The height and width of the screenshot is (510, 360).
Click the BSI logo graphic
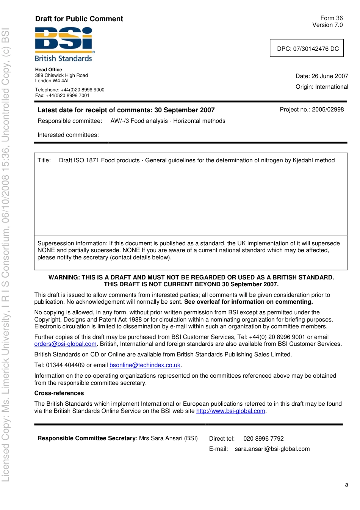(64, 39)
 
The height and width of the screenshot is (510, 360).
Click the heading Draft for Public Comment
(79, 19)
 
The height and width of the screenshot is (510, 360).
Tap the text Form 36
(331, 18)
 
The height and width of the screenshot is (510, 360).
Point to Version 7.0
(327, 25)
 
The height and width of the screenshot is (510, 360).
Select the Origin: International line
(322, 87)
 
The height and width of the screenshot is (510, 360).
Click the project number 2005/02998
(328, 110)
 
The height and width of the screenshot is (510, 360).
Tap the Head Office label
(49, 70)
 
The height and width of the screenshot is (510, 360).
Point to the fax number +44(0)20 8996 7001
(67, 96)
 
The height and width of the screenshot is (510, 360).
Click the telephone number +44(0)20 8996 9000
(82, 90)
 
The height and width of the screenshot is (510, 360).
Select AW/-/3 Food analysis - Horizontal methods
(168, 121)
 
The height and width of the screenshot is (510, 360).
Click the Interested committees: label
(68, 135)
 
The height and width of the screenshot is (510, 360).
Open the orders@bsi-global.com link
(65, 344)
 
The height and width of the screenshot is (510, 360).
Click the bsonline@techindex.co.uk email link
(145, 365)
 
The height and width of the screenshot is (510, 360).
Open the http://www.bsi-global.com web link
(230, 411)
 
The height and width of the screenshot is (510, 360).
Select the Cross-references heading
(59, 393)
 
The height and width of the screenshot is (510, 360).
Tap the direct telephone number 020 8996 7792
(263, 439)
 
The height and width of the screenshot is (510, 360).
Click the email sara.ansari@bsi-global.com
(272, 449)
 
